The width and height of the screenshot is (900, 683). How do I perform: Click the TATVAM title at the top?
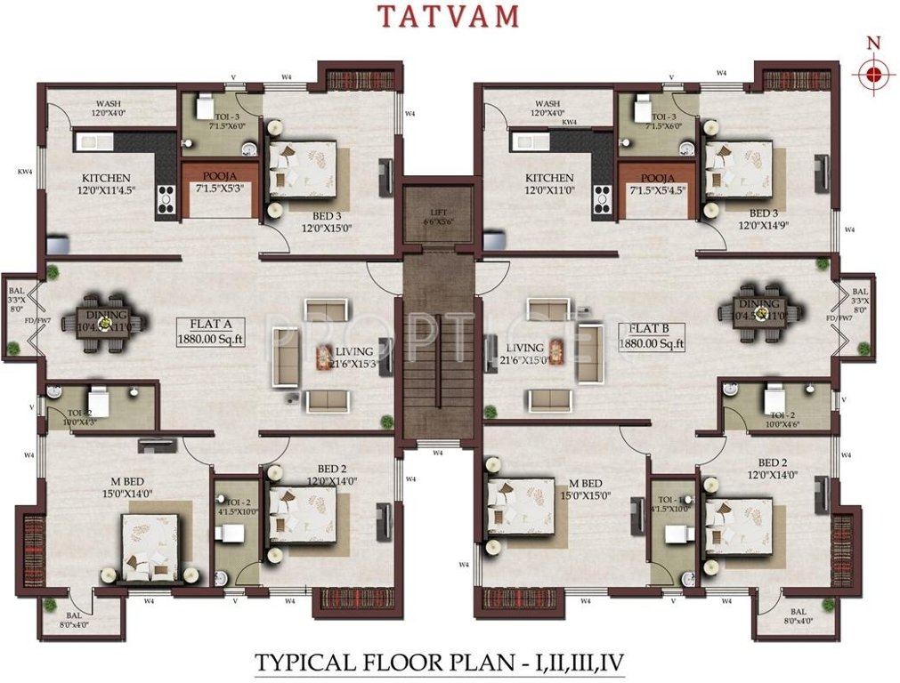click(x=449, y=17)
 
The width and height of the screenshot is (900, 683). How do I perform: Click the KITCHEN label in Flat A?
click(x=107, y=178)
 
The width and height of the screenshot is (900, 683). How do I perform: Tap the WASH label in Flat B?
click(x=548, y=103)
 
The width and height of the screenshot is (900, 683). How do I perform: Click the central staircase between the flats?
click(x=435, y=347)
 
